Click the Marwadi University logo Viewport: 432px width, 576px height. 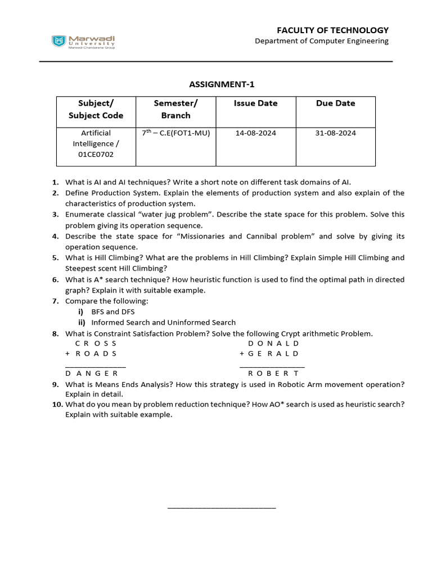[x=83, y=41]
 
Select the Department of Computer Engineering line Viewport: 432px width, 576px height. [x=321, y=41]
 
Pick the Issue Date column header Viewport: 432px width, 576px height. [x=255, y=103]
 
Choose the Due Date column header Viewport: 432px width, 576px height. [x=335, y=103]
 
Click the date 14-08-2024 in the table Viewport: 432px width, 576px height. [x=255, y=133]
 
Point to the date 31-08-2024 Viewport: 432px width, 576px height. [x=335, y=133]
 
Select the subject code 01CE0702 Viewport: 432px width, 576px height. [x=96, y=154]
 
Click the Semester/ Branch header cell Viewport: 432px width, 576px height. [x=175, y=109]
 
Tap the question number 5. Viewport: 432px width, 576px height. [x=56, y=258]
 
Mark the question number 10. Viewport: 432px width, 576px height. [x=57, y=404]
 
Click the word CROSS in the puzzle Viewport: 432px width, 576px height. [x=96, y=343]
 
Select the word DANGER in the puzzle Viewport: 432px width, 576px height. [x=92, y=373]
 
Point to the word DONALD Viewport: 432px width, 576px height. [x=273, y=343]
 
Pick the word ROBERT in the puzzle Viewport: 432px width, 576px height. [x=273, y=373]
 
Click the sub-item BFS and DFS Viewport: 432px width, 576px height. [x=113, y=312]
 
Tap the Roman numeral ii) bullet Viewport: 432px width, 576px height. [x=82, y=322]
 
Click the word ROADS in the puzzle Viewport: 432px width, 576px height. [x=96, y=354]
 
